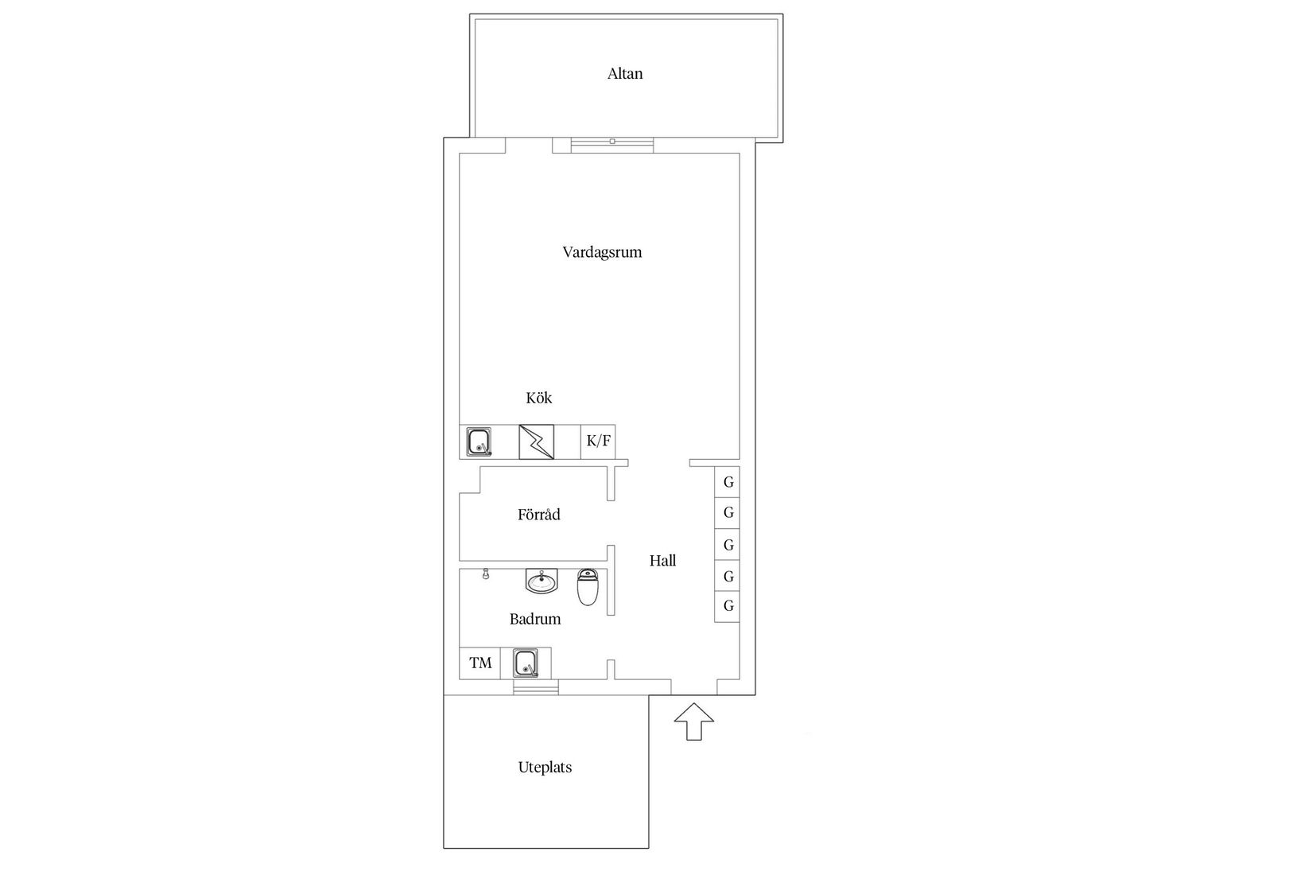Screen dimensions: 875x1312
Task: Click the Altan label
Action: pyautogui.click(x=625, y=74)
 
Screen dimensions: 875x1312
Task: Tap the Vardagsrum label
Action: pyautogui.click(x=602, y=252)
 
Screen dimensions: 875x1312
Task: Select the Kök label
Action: pyautogui.click(x=539, y=398)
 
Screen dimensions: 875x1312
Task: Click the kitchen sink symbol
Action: pyautogui.click(x=479, y=441)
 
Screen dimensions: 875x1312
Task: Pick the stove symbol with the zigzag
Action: pyautogui.click(x=536, y=441)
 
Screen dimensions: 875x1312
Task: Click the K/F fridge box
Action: pyautogui.click(x=598, y=441)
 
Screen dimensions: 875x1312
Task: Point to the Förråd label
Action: pyautogui.click(x=539, y=515)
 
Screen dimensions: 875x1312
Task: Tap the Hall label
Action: pyautogui.click(x=662, y=561)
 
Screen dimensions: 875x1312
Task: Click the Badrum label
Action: pyautogui.click(x=535, y=619)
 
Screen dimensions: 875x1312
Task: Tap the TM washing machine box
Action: pyautogui.click(x=480, y=663)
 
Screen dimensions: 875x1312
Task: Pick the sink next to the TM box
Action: pyautogui.click(x=526, y=663)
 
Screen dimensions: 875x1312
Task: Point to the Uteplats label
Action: pyautogui.click(x=545, y=768)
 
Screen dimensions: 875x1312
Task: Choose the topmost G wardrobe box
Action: pyautogui.click(x=728, y=482)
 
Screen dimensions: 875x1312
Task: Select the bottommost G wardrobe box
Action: pyautogui.click(x=728, y=606)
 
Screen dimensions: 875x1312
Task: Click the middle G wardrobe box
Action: pyautogui.click(x=728, y=545)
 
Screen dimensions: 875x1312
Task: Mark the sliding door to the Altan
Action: pyautogui.click(x=612, y=142)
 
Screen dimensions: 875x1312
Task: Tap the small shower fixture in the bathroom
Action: pyautogui.click(x=485, y=574)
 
